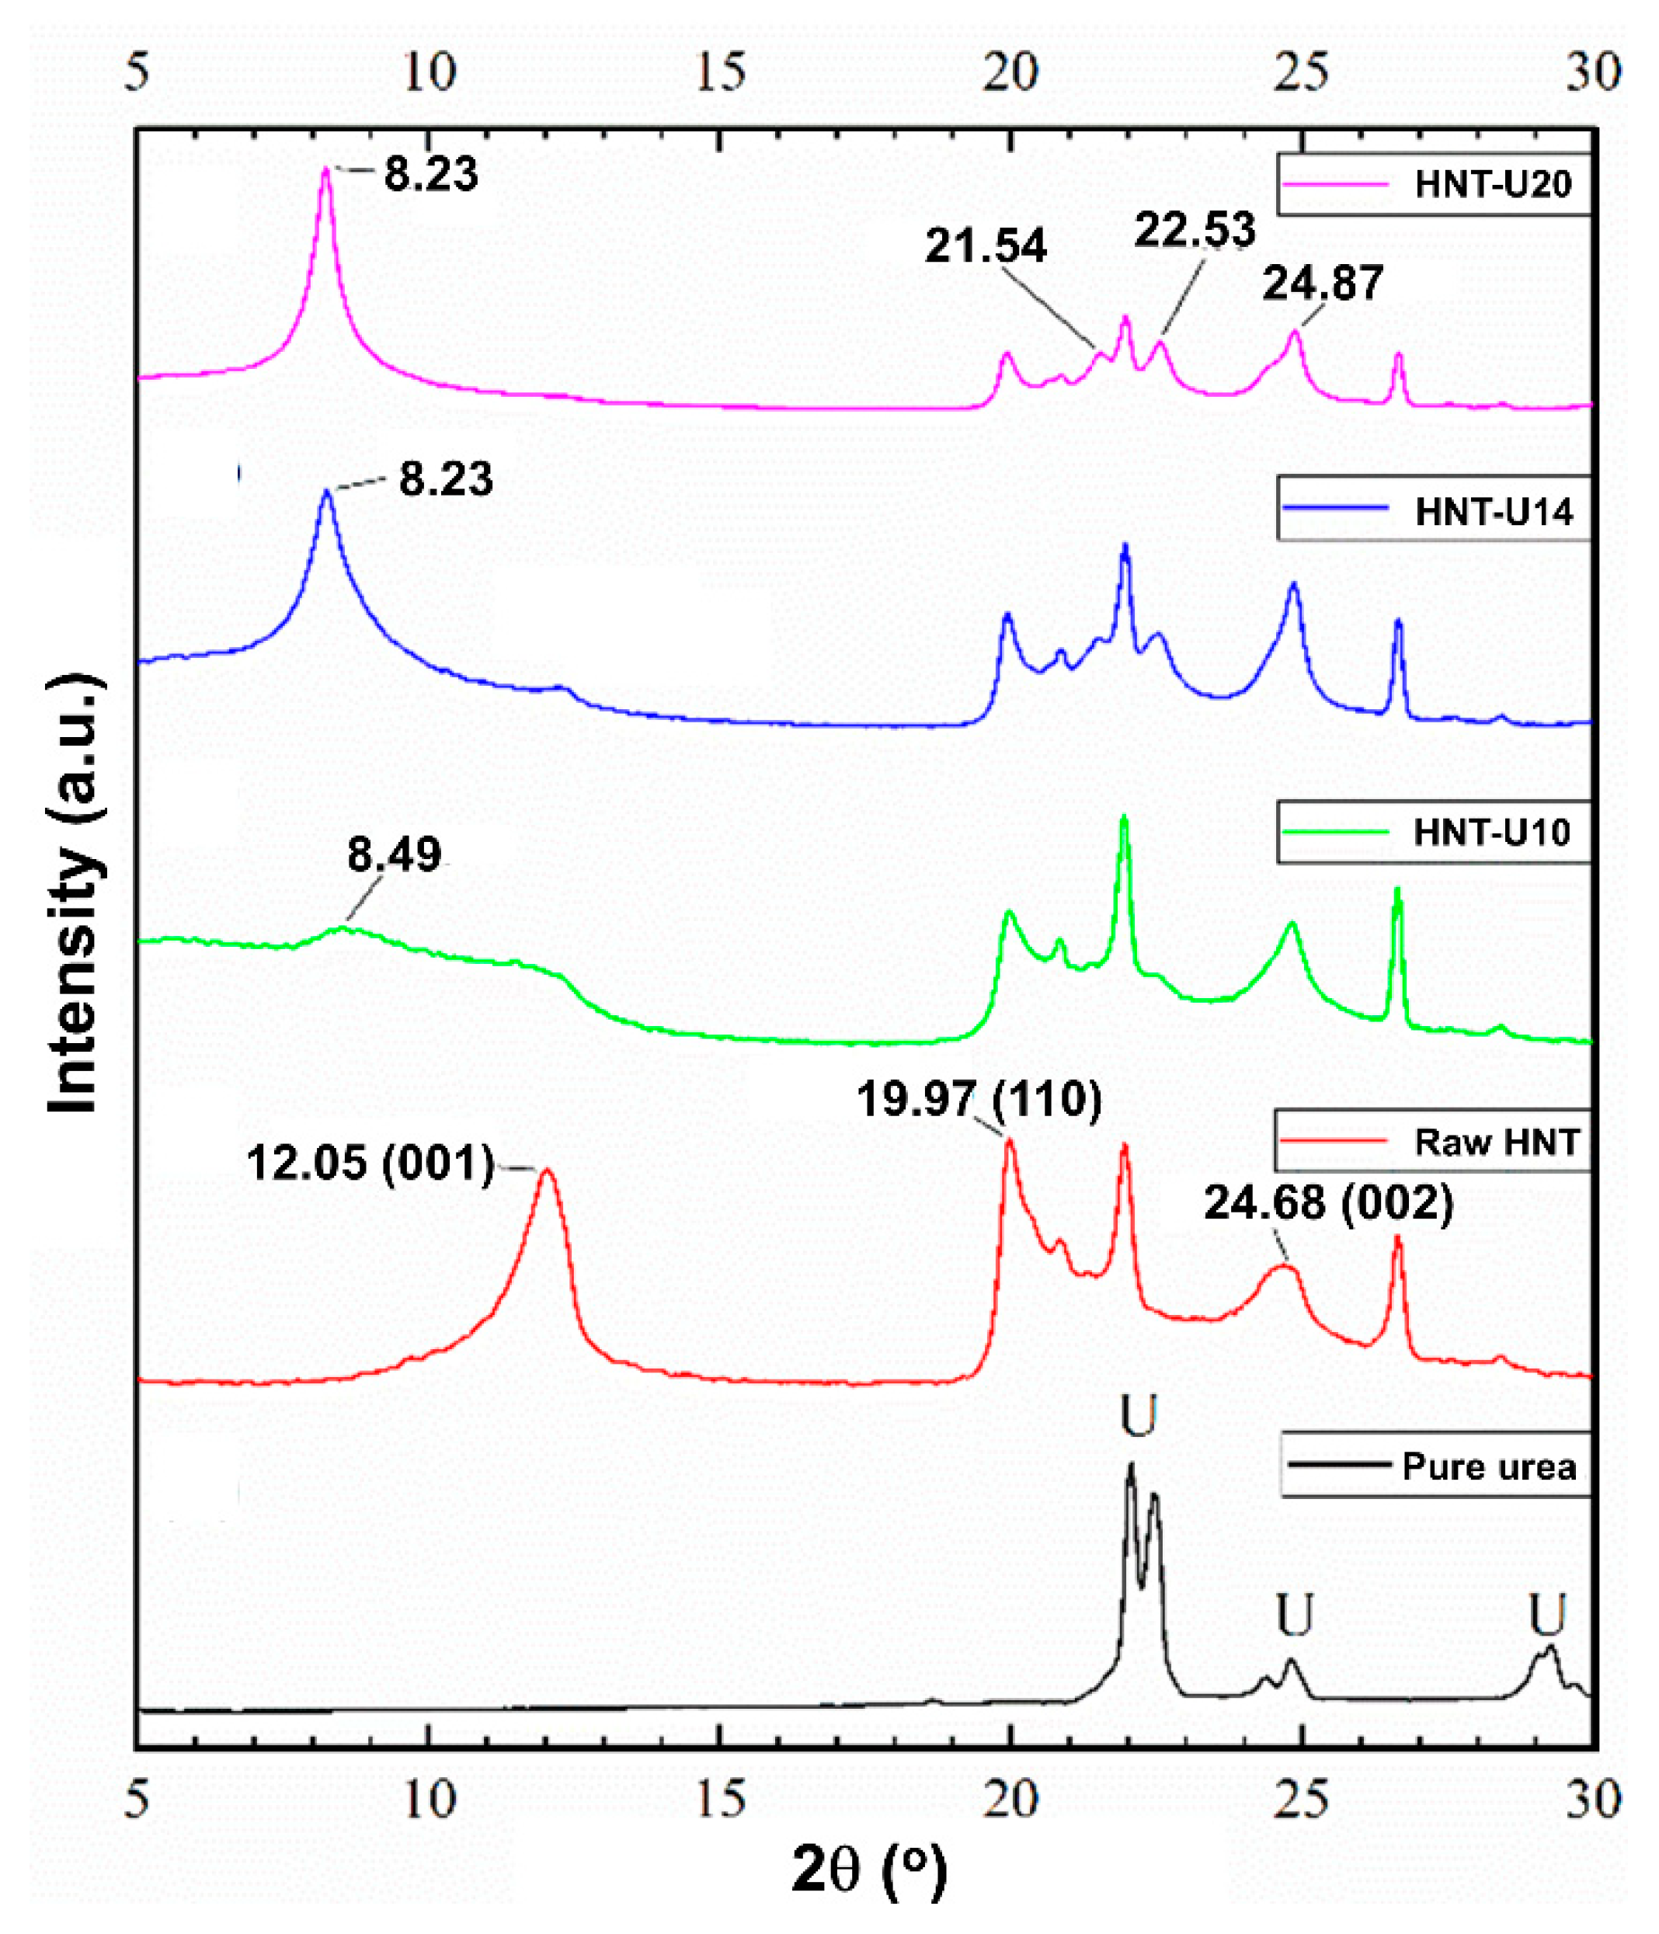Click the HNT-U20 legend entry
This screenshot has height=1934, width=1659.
(x=1432, y=184)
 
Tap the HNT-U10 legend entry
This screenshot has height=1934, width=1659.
(x=1432, y=831)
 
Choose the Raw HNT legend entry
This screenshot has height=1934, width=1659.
(x=1432, y=1142)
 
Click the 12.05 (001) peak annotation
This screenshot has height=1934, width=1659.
(x=370, y=1163)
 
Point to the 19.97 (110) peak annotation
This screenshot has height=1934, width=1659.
(x=979, y=1098)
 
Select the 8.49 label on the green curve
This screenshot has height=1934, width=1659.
(x=394, y=854)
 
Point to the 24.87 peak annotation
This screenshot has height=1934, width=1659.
(x=1322, y=283)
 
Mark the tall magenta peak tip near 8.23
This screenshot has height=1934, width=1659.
(x=325, y=170)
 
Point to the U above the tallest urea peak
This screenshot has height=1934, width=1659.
(x=1138, y=1416)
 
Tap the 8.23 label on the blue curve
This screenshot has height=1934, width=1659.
(x=445, y=478)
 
